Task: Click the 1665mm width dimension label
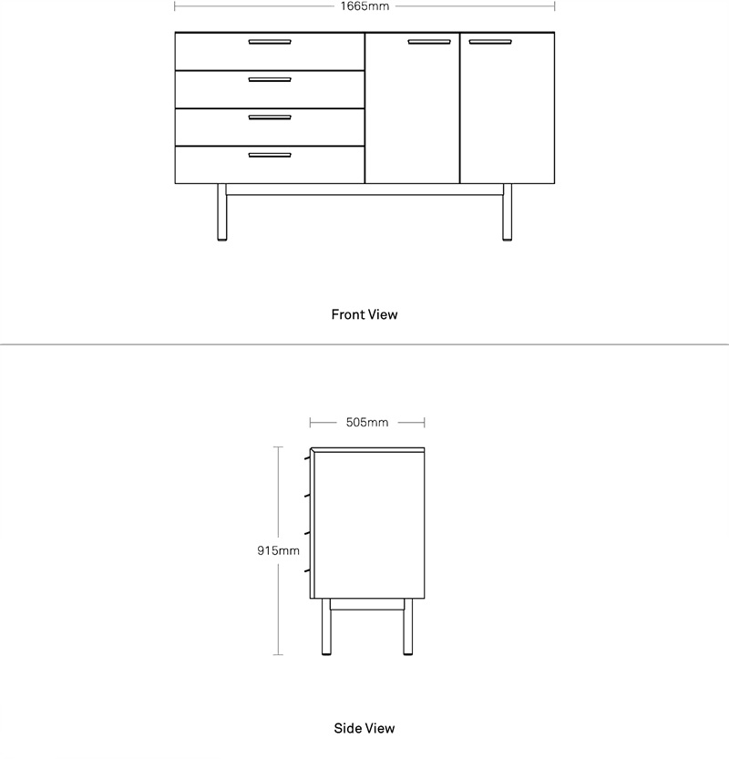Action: (x=364, y=6)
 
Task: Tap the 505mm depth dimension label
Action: (x=367, y=423)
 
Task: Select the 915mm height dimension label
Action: (x=278, y=550)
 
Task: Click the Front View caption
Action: (x=364, y=314)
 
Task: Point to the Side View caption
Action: (x=364, y=728)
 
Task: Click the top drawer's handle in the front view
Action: (x=270, y=42)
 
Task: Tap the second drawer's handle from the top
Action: (x=270, y=80)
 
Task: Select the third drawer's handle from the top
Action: (x=270, y=118)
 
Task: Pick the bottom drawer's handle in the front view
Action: (x=270, y=156)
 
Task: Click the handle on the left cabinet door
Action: (x=429, y=42)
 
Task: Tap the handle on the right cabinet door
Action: (x=490, y=42)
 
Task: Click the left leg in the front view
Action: (x=221, y=212)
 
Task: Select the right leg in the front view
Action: (x=507, y=212)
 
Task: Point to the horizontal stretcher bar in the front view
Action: (x=364, y=190)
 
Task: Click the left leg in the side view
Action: (x=326, y=627)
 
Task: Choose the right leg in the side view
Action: (x=408, y=627)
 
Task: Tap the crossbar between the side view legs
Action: (x=367, y=604)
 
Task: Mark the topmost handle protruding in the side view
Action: (x=307, y=457)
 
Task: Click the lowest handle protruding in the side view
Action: (x=307, y=571)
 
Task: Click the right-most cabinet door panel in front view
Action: (x=508, y=108)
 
